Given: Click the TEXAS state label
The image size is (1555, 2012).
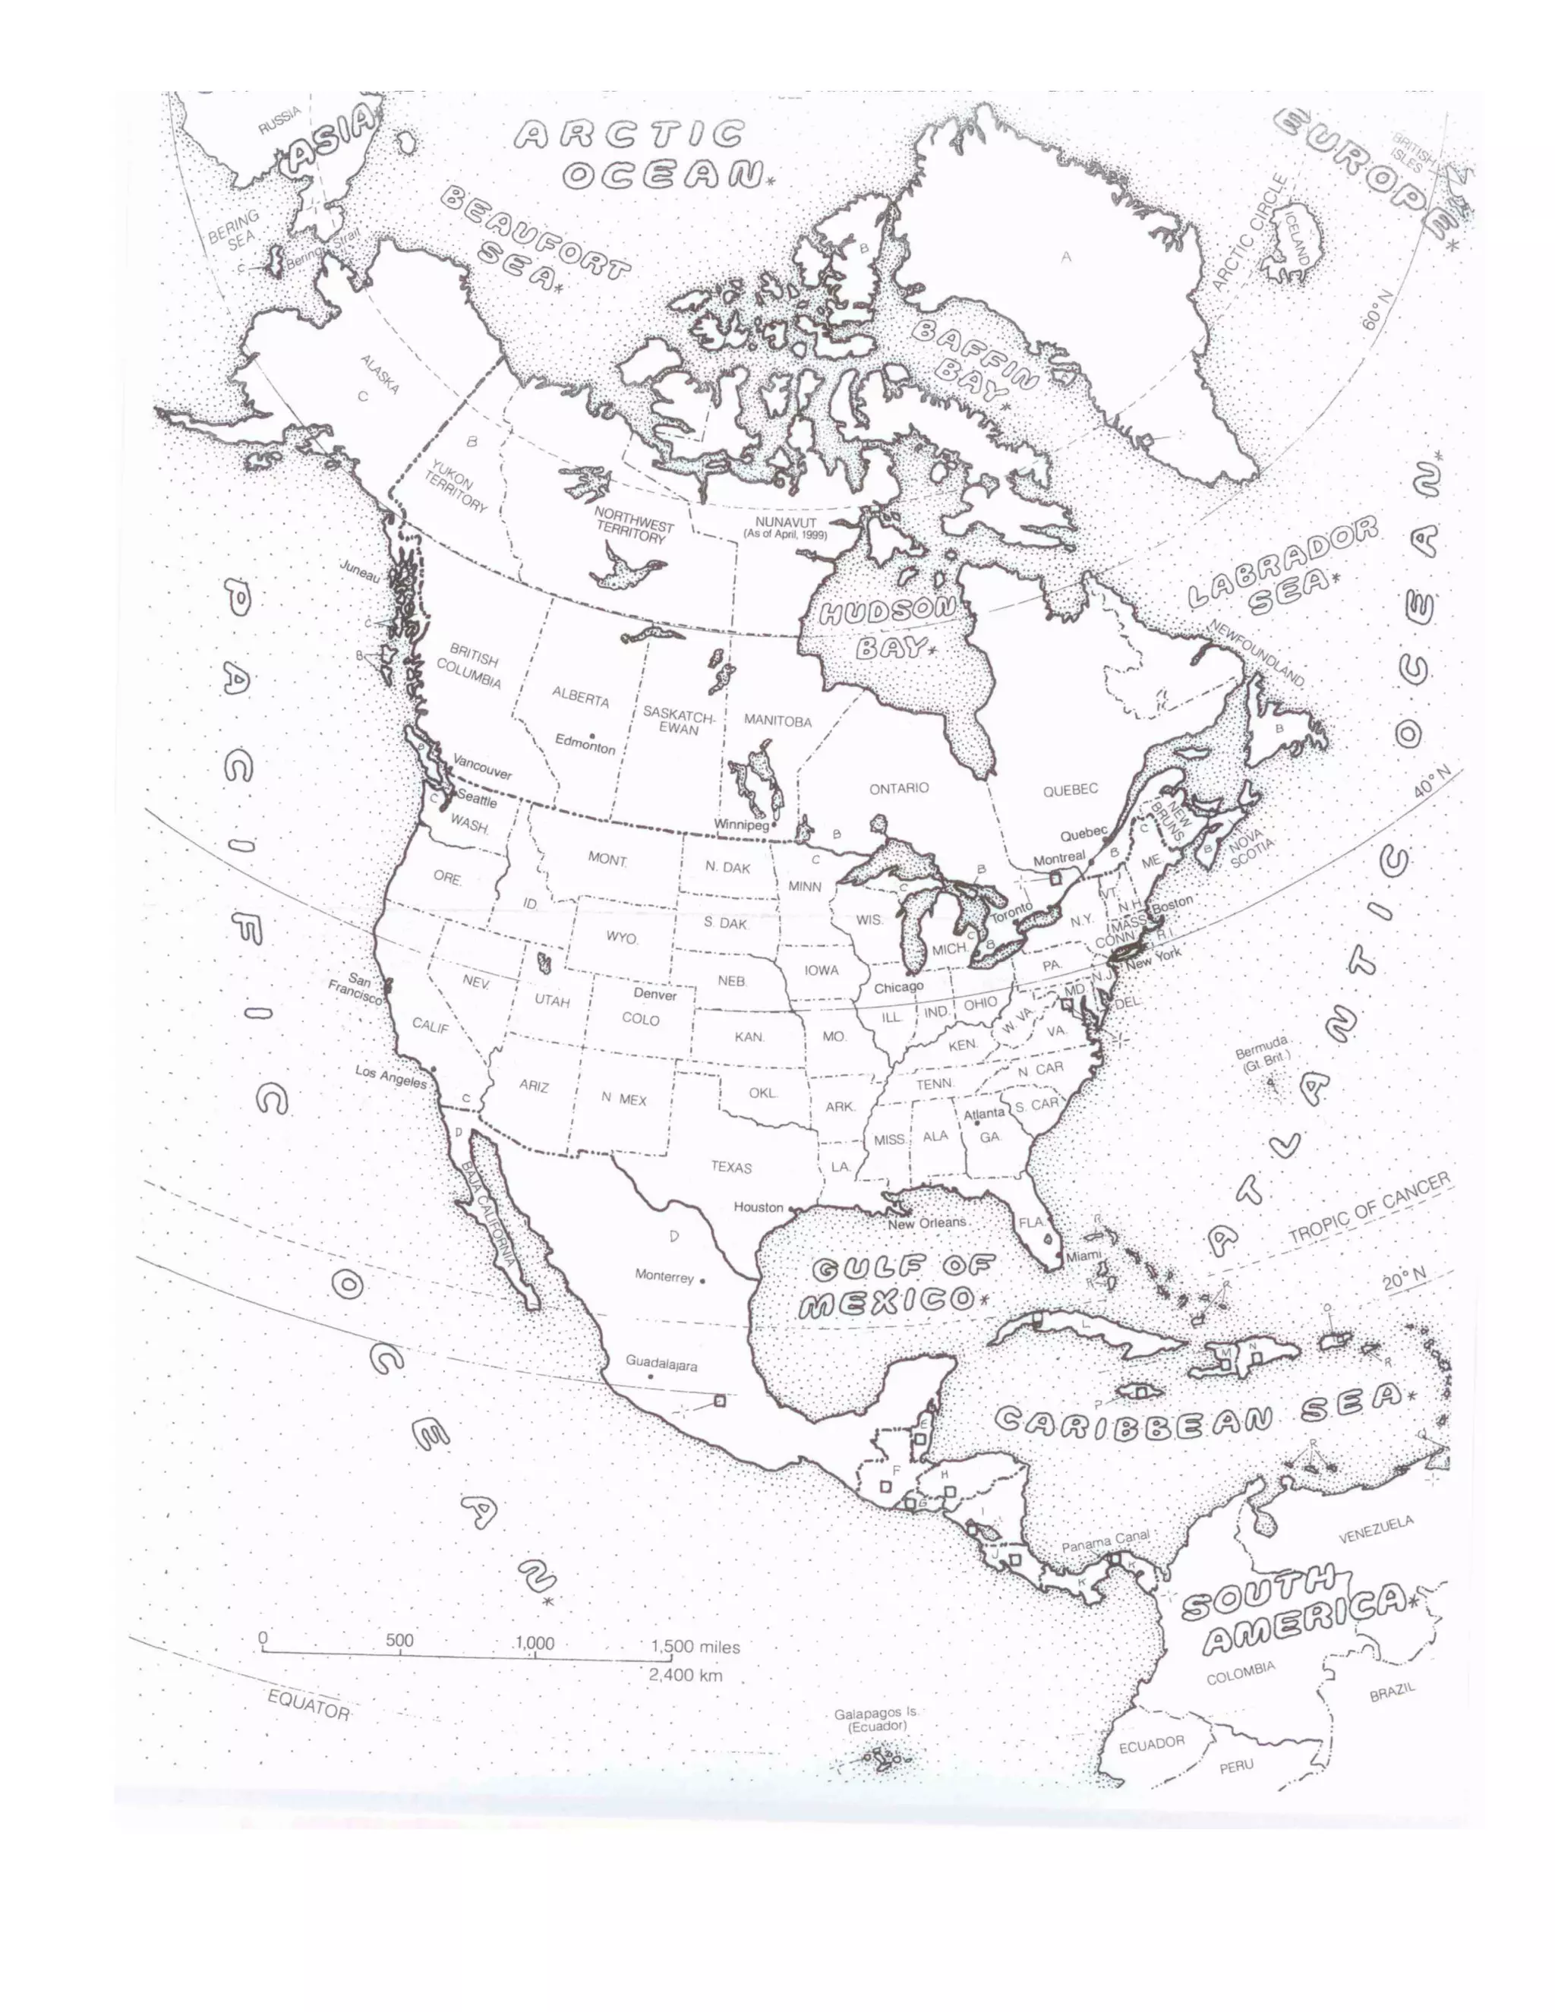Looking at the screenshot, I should pyautogui.click(x=730, y=1167).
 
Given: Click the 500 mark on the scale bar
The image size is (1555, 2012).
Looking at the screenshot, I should pyautogui.click(x=400, y=1640).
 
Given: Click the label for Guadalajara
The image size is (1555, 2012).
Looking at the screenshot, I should pyautogui.click(x=661, y=1364).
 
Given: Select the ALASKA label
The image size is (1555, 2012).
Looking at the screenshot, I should pyautogui.click(x=380, y=375).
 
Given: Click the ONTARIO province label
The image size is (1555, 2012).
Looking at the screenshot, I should pyautogui.click(x=899, y=787).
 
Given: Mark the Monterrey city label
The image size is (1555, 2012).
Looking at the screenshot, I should pyautogui.click(x=664, y=1277).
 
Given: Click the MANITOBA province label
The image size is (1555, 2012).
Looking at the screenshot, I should pyautogui.click(x=777, y=721).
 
